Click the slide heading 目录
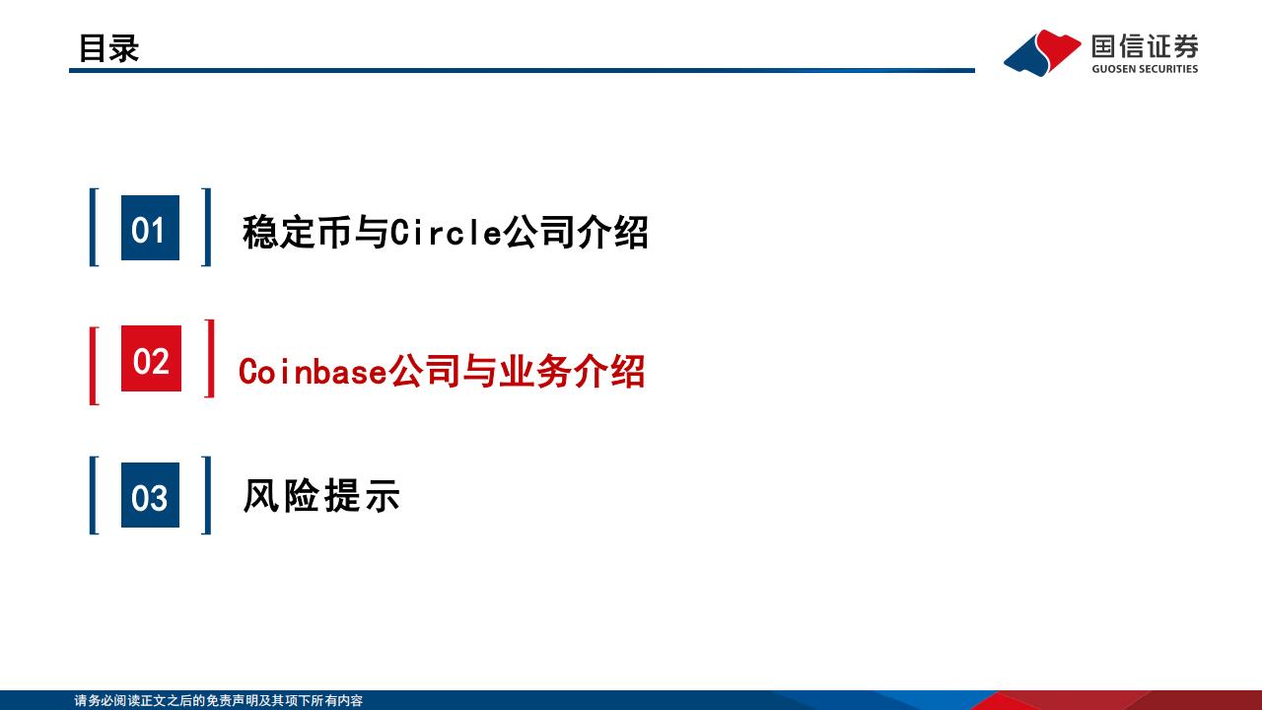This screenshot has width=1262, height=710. click(108, 48)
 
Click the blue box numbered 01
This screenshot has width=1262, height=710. click(151, 228)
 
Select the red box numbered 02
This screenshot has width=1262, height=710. click(151, 358)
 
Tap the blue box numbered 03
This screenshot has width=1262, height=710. click(151, 495)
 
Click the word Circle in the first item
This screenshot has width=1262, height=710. click(446, 232)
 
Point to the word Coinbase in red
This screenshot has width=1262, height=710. click(313, 372)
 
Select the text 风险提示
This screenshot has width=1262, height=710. click(321, 495)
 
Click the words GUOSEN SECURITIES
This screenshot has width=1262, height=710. click(1145, 69)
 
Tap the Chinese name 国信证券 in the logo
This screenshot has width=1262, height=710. click(1145, 46)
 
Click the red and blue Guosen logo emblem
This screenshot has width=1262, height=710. click(1042, 53)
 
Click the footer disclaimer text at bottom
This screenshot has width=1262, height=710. click(219, 700)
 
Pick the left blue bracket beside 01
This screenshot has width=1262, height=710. click(93, 227)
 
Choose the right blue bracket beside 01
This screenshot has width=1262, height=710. click(207, 227)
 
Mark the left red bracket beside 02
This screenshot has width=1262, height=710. click(93, 366)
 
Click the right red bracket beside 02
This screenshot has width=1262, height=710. click(211, 358)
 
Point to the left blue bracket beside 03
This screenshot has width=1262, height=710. click(93, 495)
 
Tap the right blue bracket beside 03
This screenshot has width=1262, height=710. click(207, 495)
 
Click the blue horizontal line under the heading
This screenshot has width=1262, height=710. click(522, 70)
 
